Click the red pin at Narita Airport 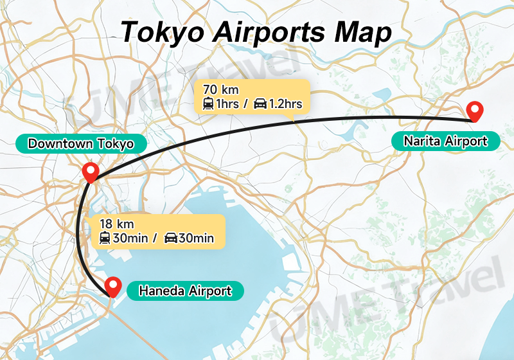click(475, 111)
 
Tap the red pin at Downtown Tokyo click(91, 172)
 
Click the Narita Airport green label click(446, 141)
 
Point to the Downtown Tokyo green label click(81, 144)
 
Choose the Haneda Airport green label click(185, 291)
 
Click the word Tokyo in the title click(166, 32)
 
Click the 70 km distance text click(220, 89)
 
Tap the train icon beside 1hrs click(208, 104)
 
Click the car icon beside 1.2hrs click(260, 104)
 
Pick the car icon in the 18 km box click(171, 239)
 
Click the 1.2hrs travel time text click(285, 104)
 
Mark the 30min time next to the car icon click(196, 239)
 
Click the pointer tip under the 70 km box click(292, 119)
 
